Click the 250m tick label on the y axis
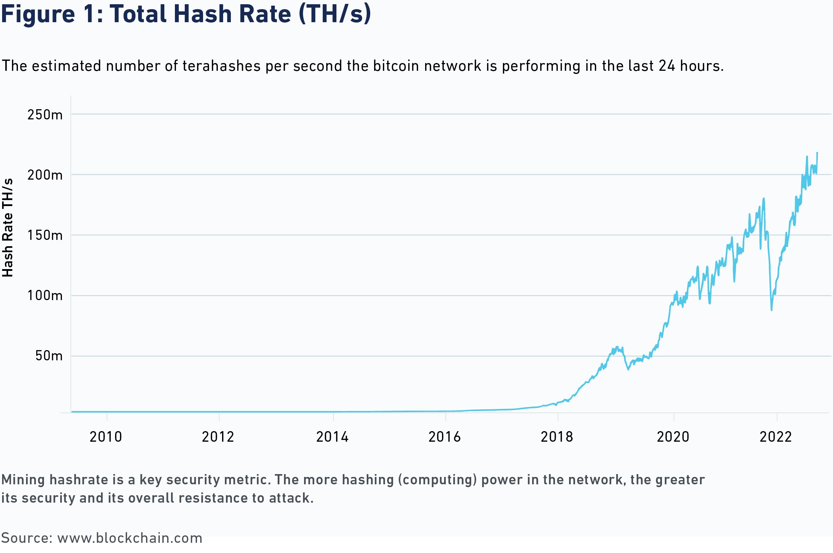(45, 115)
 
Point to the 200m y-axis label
(45, 175)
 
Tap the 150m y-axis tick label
(45, 235)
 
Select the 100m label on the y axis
(45, 296)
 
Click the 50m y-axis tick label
(49, 356)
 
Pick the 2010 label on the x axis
(106, 437)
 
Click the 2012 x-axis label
(218, 437)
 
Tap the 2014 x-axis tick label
(332, 437)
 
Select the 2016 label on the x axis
(444, 437)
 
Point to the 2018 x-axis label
(557, 437)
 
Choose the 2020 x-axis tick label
(673, 437)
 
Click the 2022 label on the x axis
(776, 437)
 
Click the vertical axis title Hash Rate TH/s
(8, 228)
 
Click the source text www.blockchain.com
(130, 538)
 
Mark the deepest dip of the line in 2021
(771, 310)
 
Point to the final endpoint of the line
(817, 153)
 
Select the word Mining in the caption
(23, 480)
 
